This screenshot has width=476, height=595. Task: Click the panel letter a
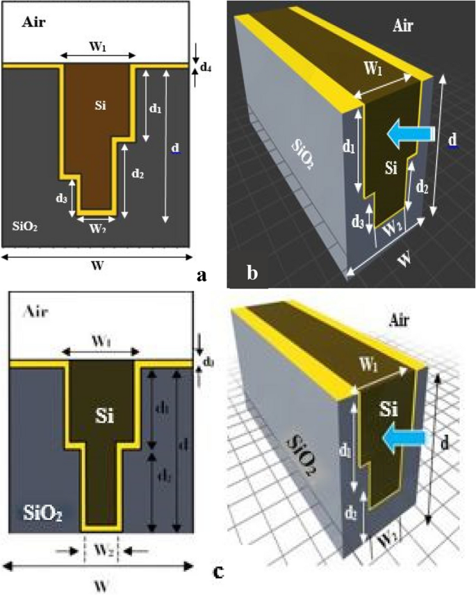coord(202,276)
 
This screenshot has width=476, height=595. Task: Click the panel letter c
coord(218,571)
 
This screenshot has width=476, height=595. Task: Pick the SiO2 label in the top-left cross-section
coord(25,225)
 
